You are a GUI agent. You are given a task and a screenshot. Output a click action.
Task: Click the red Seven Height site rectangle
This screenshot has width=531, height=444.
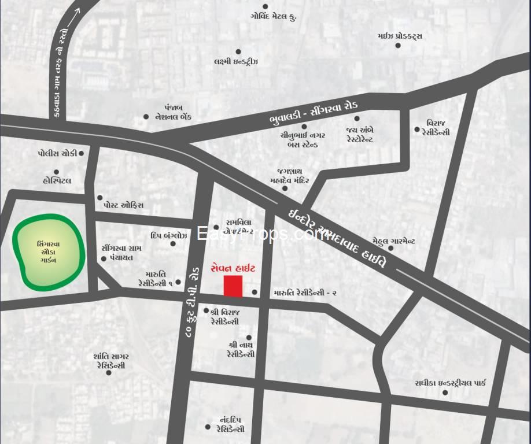[x=233, y=286]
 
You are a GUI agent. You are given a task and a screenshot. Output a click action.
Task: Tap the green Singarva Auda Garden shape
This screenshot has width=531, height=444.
[x=49, y=252]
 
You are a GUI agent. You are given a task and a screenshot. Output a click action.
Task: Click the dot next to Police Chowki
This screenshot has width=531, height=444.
[x=82, y=153]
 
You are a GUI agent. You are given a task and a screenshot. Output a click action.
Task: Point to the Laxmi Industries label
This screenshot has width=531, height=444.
[x=235, y=62]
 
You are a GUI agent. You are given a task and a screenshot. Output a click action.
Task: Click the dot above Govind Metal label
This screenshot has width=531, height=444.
[x=265, y=6]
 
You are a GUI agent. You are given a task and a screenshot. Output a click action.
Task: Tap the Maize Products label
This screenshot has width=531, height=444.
[x=400, y=36]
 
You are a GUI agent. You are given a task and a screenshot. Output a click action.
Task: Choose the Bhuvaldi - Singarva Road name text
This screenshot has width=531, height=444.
[x=314, y=113]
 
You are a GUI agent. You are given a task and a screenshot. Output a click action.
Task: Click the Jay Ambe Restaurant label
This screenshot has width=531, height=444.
[x=360, y=135]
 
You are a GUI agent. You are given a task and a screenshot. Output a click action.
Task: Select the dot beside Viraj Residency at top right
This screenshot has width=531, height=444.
[x=416, y=129]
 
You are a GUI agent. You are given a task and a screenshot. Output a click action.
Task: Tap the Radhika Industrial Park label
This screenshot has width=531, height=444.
[x=450, y=383]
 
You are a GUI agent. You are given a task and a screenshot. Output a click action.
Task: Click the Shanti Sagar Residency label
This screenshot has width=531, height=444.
[x=109, y=361]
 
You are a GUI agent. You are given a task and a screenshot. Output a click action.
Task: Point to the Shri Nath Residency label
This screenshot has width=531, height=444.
[x=241, y=349]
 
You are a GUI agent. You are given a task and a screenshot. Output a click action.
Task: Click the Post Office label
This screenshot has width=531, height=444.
[x=123, y=205]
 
